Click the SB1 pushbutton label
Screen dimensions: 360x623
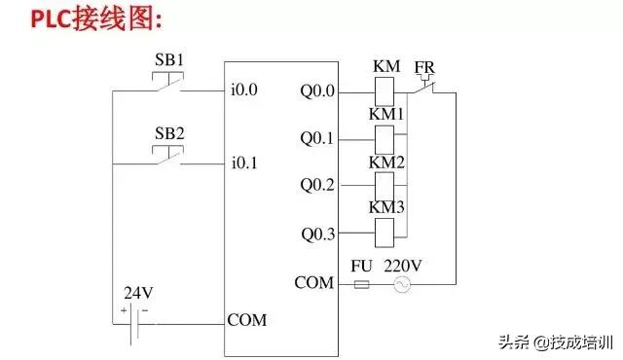(169, 58)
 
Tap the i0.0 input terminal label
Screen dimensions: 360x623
(243, 91)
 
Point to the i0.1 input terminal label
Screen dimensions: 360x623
(243, 162)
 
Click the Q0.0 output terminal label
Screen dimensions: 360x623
(317, 91)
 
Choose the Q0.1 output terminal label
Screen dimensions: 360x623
(317, 138)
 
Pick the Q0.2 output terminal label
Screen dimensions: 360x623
(317, 184)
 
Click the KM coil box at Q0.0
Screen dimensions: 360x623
(385, 91)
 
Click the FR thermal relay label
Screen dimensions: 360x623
(424, 67)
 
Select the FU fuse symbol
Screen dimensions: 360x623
(362, 284)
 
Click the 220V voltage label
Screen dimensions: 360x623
(402, 264)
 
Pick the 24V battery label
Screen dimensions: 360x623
(137, 291)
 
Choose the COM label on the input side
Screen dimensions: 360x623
(246, 319)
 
